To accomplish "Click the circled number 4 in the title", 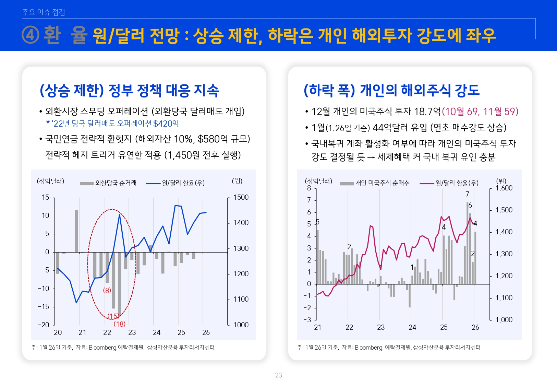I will click(x=31, y=35).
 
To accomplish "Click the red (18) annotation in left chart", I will click(x=119, y=324).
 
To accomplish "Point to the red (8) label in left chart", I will click(x=107, y=290).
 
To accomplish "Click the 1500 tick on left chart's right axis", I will click(x=241, y=197).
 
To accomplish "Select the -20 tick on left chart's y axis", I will click(x=44, y=325).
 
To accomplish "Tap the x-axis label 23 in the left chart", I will click(x=132, y=332).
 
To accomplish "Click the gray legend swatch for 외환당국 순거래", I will click(x=86, y=183).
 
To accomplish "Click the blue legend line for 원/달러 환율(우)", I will click(x=153, y=183).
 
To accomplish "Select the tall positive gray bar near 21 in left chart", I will click(x=76, y=231).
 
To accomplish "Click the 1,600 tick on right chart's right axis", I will click(x=504, y=188).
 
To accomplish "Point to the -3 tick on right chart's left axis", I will click(x=307, y=319).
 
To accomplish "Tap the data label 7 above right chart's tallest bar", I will click(x=467, y=194).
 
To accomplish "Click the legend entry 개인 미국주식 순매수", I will click(x=382, y=183).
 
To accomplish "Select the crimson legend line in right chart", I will click(x=427, y=183).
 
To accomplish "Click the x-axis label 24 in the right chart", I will click(x=412, y=327).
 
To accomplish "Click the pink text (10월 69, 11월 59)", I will click(x=480, y=112).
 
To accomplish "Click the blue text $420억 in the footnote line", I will click(x=166, y=124).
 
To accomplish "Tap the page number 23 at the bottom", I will click(x=278, y=375).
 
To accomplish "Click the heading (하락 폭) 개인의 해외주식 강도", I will click(x=391, y=90).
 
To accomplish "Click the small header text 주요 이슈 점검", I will click(x=44, y=12).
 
